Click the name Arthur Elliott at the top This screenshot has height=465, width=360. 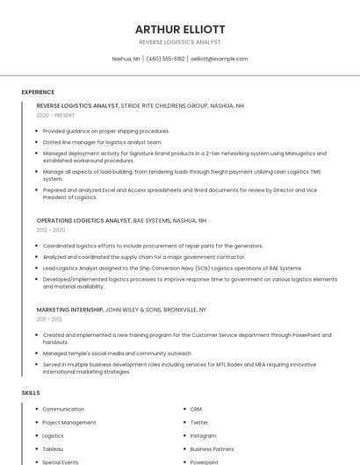pos(180,29)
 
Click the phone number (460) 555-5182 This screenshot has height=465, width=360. pos(165,59)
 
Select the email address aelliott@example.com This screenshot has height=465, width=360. pos(220,59)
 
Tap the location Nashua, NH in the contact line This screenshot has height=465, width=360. pos(126,59)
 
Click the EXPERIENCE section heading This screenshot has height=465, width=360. pos(38,92)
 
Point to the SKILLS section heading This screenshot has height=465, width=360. pos(31,393)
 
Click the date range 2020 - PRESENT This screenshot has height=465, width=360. pos(55,115)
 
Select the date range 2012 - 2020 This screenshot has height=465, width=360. pos(51,230)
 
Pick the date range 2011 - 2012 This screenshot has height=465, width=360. pos(49,319)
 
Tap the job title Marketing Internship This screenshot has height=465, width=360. pos(69,310)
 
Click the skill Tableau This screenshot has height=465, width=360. pos(53,448)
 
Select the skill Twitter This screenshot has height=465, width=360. pos(199,422)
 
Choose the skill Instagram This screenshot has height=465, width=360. pos(203,435)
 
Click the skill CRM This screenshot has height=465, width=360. pos(196,409)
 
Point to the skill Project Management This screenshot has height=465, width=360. pos(69,422)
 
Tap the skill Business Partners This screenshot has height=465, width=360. pos(212,448)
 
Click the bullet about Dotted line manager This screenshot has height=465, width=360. pos(103,141)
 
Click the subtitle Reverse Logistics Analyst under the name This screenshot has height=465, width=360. pos(180,42)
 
